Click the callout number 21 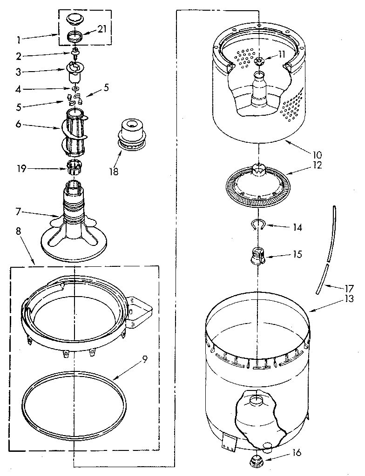(102, 29)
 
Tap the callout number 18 (113, 171)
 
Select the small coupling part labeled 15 (257, 256)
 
